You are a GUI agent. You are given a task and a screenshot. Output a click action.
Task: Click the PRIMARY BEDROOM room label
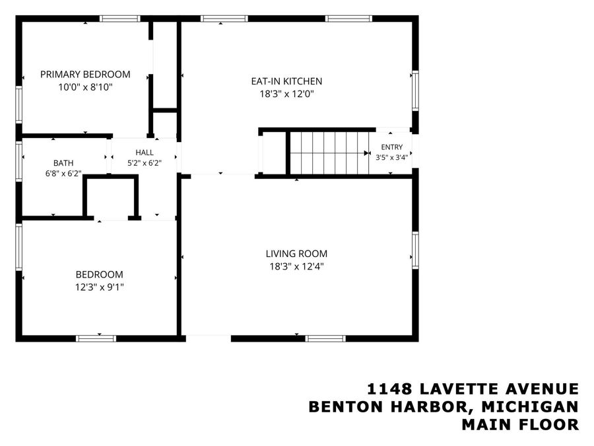85,74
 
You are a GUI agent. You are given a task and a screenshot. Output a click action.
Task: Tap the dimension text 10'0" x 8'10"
85,87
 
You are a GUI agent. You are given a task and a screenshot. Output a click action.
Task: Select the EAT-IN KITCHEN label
286,81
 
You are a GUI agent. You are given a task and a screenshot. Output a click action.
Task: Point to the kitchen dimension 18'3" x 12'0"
287,94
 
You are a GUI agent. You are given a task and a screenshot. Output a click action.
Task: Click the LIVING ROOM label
296,254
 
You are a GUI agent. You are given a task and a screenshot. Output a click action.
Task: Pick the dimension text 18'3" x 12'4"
296,266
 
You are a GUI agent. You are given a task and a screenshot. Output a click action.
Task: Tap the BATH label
63,163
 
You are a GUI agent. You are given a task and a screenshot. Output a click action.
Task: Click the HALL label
145,153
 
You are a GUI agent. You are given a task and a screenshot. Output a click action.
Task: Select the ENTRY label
391,147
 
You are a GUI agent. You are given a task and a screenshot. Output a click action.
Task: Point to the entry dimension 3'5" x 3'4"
391,157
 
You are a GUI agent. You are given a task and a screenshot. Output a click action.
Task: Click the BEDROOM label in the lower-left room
99,275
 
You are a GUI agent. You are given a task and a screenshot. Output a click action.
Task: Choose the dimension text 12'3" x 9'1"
99,287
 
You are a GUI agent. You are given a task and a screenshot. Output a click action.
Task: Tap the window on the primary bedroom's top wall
119,19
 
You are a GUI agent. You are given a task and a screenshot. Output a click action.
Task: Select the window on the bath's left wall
19,161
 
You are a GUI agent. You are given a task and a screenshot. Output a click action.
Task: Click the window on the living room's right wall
415,250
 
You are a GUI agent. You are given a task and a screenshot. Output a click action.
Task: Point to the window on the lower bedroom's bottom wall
96,338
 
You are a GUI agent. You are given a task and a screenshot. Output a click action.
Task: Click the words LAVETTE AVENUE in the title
500,389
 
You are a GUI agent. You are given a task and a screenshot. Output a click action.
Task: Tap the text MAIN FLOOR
520,424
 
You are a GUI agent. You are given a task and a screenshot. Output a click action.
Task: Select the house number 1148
390,389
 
